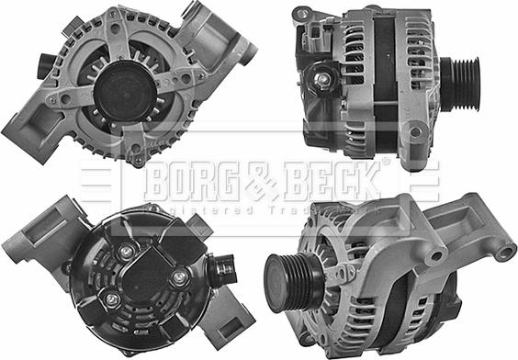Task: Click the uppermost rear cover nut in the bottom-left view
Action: (x=129, y=250)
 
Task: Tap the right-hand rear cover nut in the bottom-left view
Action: (x=180, y=276)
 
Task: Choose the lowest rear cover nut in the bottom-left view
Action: (x=111, y=299)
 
